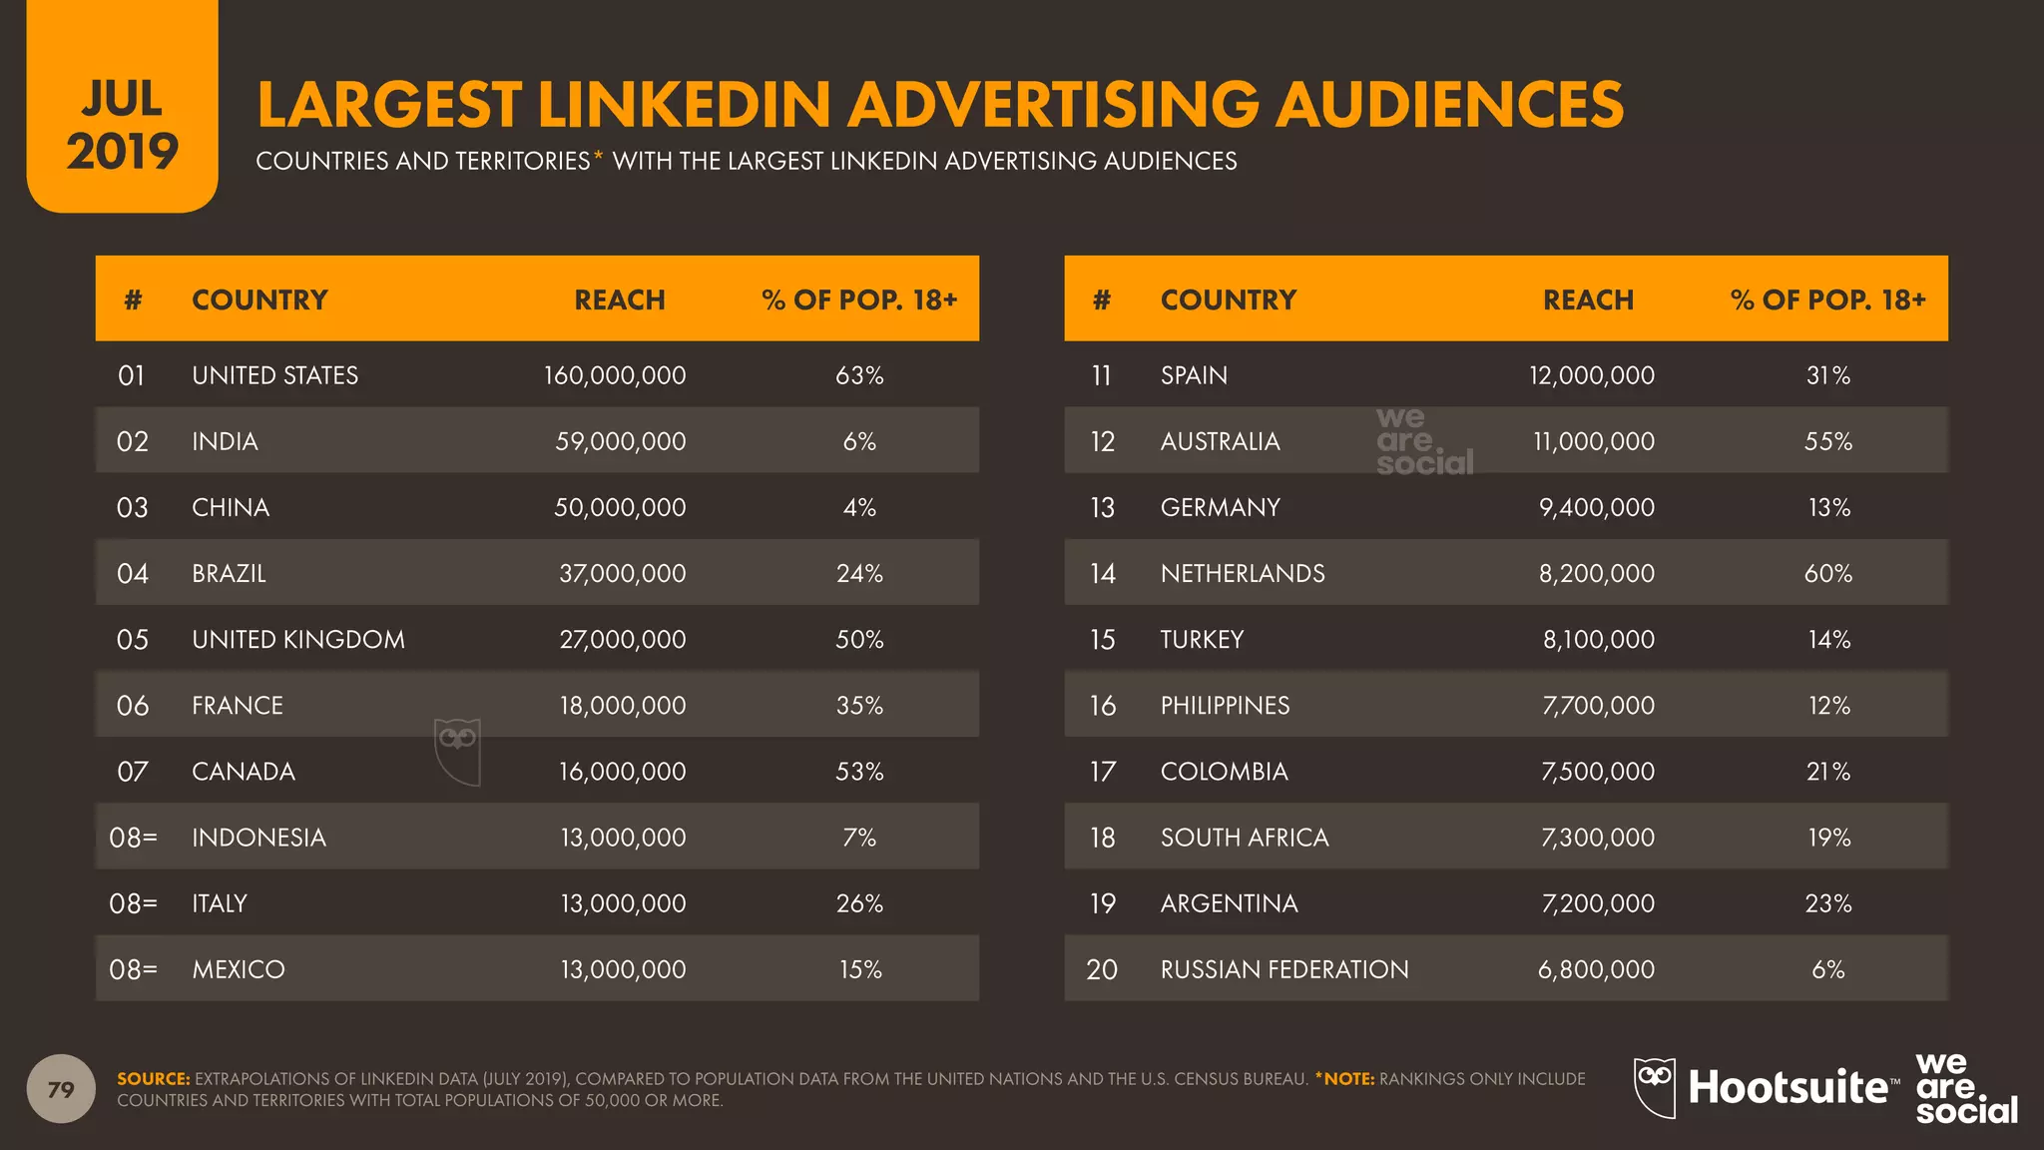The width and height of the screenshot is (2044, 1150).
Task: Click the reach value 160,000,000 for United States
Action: (615, 375)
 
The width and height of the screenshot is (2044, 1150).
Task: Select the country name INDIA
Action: (225, 441)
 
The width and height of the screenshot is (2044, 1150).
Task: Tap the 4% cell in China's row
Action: (858, 507)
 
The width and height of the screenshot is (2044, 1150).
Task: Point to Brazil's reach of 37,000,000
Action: (622, 573)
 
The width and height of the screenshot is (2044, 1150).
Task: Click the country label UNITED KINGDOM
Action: (298, 639)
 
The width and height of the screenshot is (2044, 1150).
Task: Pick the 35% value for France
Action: (858, 705)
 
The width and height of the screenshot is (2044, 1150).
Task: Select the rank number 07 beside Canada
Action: (132, 771)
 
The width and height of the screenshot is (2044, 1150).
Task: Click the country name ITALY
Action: (220, 902)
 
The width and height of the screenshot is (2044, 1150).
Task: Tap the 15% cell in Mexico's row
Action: (859, 968)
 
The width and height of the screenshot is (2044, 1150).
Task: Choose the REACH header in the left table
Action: (619, 299)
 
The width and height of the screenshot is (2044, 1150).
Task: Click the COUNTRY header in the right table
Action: (1228, 299)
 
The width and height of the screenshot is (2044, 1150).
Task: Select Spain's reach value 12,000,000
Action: (1591, 375)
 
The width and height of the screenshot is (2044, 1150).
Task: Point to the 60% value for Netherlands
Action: (1827, 573)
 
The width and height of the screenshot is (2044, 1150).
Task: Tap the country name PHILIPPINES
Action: (1225, 705)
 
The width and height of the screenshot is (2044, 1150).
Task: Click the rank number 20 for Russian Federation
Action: (1101, 968)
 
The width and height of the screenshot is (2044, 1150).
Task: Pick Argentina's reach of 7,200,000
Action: (1597, 902)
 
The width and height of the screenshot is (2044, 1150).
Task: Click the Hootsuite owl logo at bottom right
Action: (1654, 1086)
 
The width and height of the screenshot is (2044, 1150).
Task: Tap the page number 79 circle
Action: (61, 1088)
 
